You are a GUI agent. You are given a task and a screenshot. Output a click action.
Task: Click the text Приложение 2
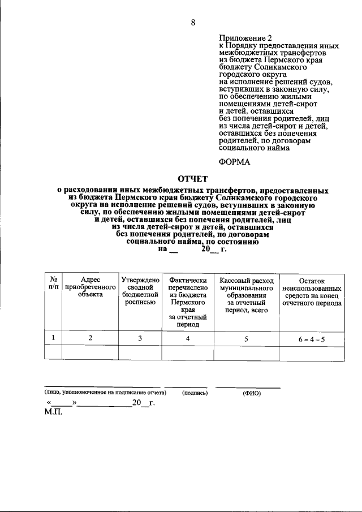click(242, 38)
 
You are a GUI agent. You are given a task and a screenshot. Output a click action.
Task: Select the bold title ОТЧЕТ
click(193, 179)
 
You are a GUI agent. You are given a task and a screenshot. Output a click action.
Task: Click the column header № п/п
click(53, 283)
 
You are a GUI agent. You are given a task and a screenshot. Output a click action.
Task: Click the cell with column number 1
click(53, 338)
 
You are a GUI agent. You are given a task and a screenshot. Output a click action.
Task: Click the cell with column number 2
click(90, 338)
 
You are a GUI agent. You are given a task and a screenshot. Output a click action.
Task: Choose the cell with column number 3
click(140, 338)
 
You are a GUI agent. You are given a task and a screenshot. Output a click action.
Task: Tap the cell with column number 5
click(246, 338)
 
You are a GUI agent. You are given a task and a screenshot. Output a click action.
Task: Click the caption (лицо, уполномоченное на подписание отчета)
click(105, 392)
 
